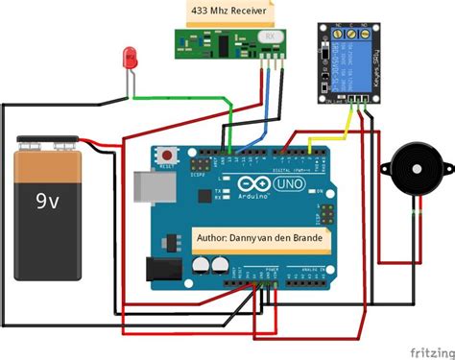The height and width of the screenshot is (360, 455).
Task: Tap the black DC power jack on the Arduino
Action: [161, 270]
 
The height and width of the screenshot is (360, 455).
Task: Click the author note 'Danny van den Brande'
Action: [260, 236]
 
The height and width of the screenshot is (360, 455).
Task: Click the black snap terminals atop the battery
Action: [50, 143]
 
